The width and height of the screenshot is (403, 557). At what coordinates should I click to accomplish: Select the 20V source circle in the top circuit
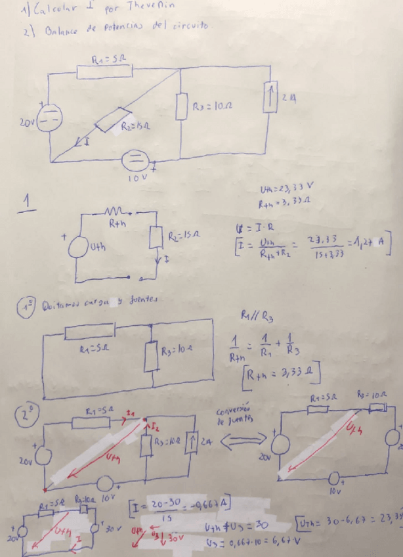click(x=51, y=120)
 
